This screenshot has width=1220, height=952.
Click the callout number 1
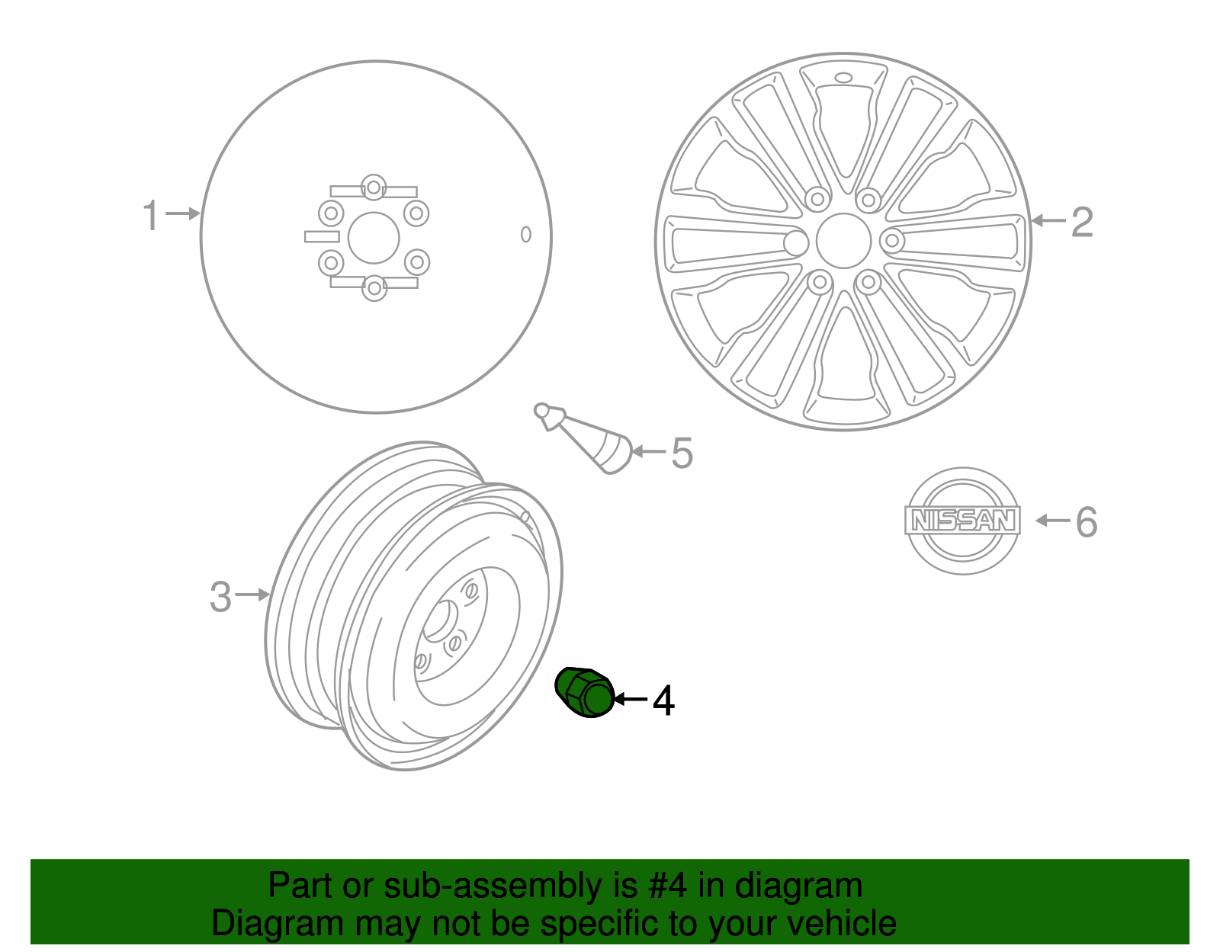pos(151,215)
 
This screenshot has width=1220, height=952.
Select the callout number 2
pos(1082,222)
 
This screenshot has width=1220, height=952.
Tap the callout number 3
pos(220,596)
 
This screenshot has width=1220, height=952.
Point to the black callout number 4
pos(663,700)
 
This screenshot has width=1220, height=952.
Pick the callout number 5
pos(682,453)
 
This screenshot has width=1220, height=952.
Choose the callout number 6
pos(1086,522)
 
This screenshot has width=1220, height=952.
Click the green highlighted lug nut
pos(585,692)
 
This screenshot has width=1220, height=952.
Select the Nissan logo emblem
pos(963,521)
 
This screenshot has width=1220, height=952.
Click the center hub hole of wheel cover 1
pos(374,238)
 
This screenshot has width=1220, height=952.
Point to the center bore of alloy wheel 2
pos(843,241)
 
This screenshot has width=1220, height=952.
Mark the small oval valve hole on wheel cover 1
pos(525,234)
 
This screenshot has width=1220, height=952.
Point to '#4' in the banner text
pos(667,886)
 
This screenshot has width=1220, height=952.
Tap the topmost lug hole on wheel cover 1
pos(373,186)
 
